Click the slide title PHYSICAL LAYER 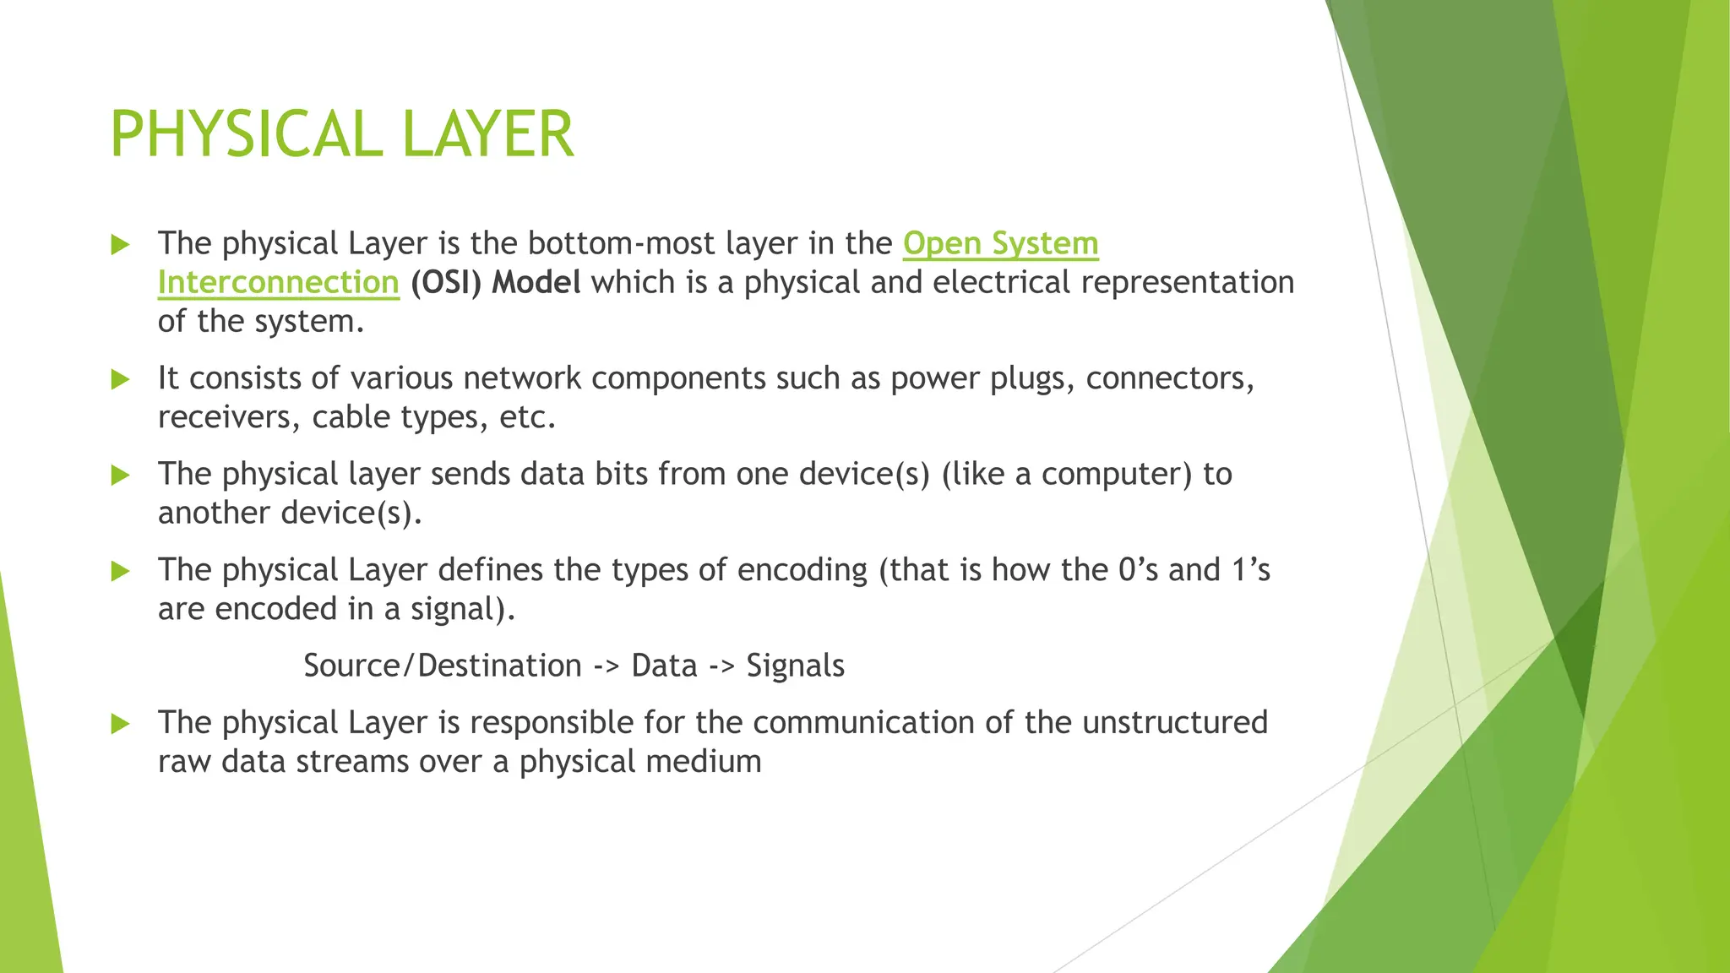coord(342,135)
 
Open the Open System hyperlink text coord(1000,243)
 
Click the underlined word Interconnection coord(278,282)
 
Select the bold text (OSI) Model coord(496,282)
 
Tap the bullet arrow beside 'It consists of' coord(121,379)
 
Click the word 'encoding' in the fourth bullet coord(802,570)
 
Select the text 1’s coord(1250,570)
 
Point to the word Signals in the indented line coord(795,666)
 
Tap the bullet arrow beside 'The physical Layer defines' coord(121,572)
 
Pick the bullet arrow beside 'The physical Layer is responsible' coord(121,724)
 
